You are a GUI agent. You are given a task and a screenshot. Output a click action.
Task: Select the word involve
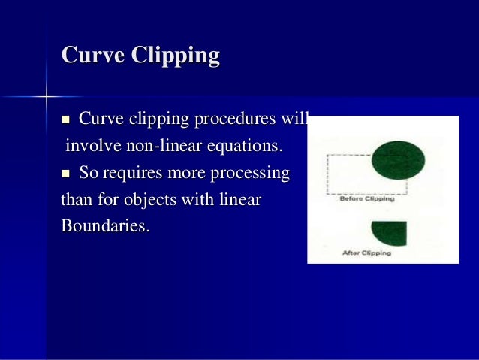click(x=88, y=145)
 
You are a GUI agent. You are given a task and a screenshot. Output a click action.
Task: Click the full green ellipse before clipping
click(x=397, y=158)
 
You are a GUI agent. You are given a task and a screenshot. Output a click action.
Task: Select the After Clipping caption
click(x=366, y=253)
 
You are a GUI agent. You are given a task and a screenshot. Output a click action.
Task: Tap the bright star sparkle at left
click(x=46, y=97)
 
